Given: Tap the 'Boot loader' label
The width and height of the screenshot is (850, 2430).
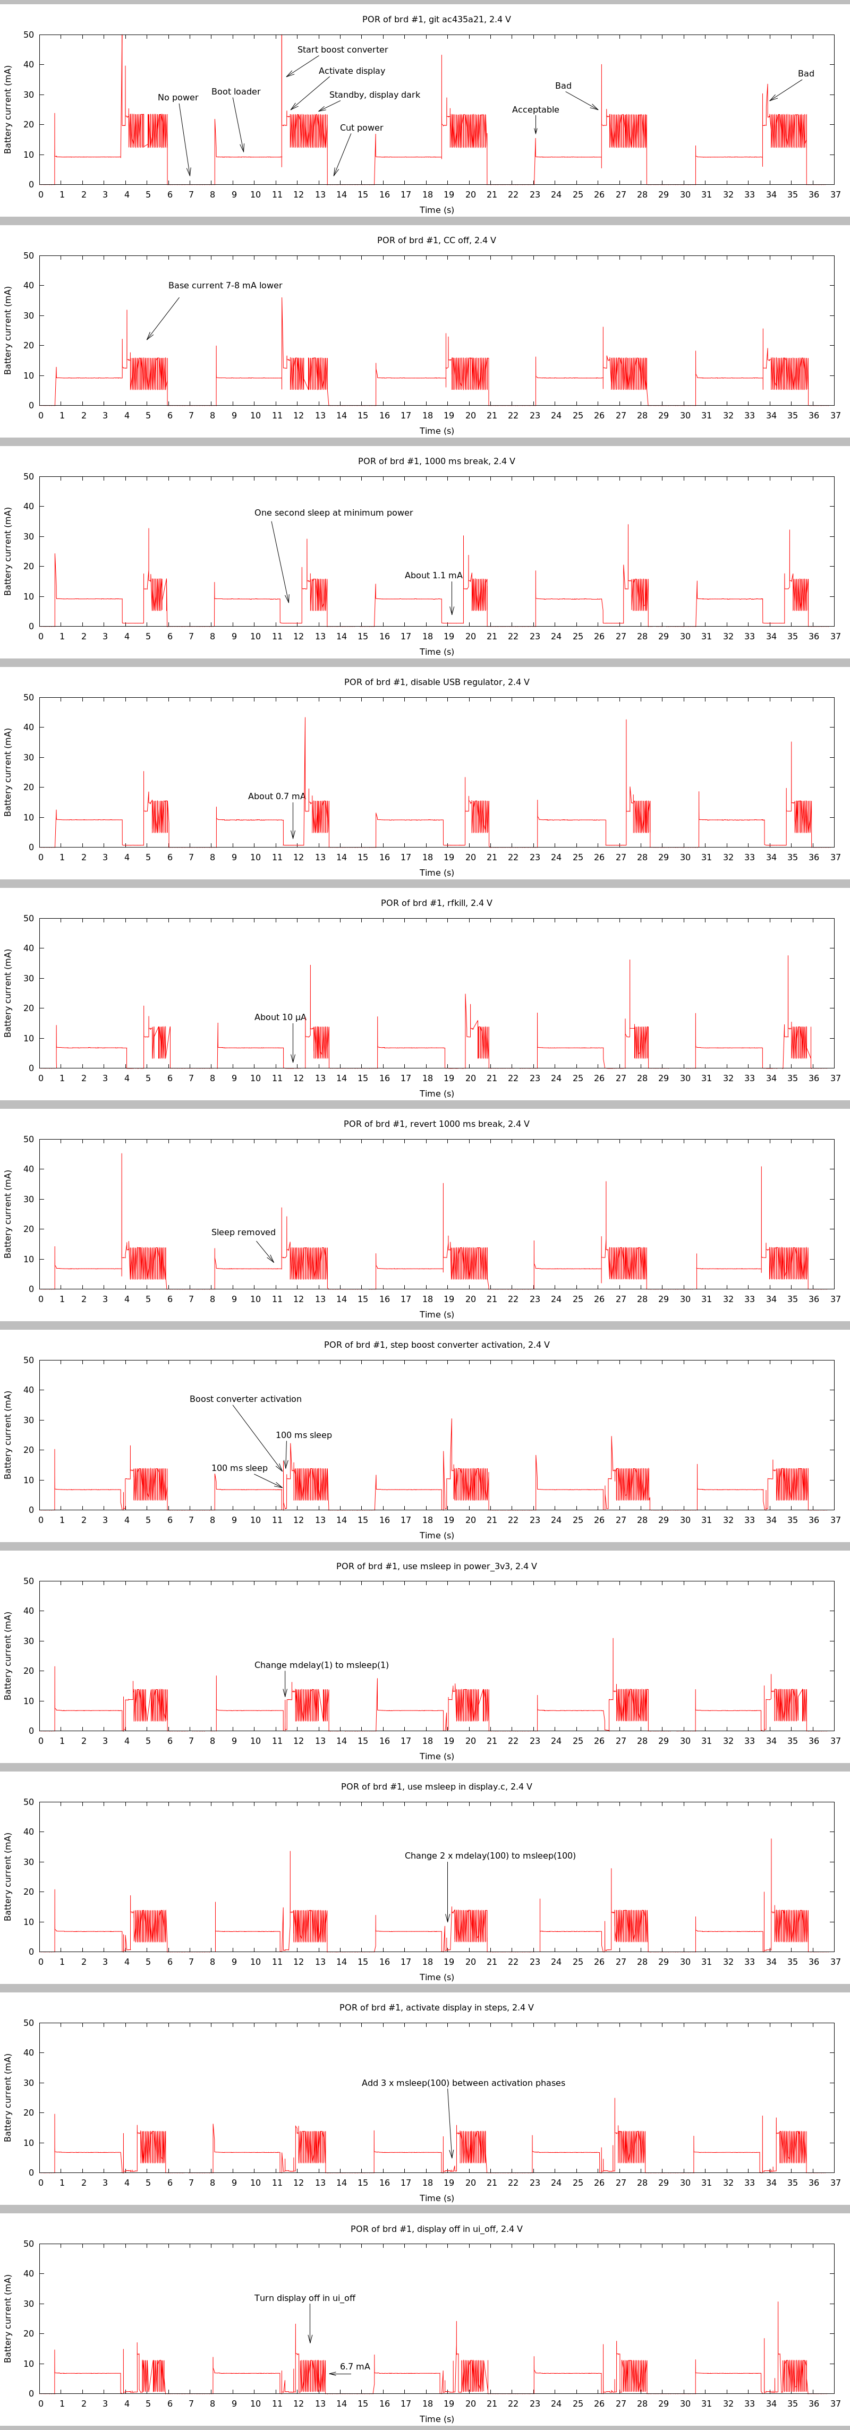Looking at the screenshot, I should tap(236, 91).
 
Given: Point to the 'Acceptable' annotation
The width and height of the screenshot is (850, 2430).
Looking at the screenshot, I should tap(535, 109).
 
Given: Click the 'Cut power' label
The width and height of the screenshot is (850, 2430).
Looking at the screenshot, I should tap(361, 127).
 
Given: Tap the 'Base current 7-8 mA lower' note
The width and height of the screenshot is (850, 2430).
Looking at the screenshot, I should tap(225, 285).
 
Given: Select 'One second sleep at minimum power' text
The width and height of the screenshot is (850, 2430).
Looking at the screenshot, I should tap(333, 512).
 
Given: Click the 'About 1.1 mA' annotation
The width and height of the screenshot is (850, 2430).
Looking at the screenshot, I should tap(434, 575).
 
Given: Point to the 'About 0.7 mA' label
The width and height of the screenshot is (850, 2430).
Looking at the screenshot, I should tap(276, 795).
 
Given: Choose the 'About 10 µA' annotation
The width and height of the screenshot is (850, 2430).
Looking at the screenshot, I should tap(280, 1017).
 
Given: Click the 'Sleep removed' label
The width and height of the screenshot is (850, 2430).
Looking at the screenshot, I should tap(243, 1232).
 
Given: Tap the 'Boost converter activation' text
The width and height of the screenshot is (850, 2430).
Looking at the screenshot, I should tap(245, 1399).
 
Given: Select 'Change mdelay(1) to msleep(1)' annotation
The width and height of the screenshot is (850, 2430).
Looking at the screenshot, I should tap(321, 1665).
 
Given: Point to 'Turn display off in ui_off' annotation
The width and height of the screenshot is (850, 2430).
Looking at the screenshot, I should tap(305, 2298).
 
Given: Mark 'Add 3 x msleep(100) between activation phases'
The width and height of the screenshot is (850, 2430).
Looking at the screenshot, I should tap(463, 2083).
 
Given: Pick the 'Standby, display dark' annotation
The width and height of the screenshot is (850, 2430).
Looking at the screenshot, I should tap(375, 95).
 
